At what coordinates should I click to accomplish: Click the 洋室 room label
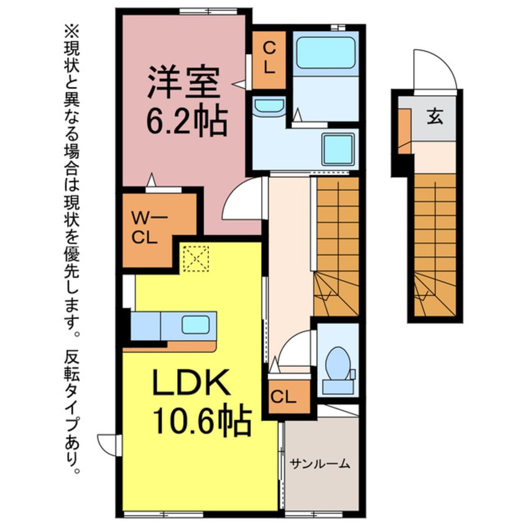(x=184, y=83)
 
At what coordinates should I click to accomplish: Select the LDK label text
(x=191, y=382)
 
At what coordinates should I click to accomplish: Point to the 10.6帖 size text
(x=202, y=422)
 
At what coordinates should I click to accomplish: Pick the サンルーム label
(x=320, y=464)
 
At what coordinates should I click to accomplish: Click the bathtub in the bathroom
(x=325, y=53)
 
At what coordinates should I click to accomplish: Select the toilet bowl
(x=338, y=363)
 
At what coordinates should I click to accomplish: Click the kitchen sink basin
(x=196, y=325)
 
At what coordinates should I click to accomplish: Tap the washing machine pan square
(x=338, y=149)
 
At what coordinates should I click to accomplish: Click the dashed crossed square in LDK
(x=196, y=259)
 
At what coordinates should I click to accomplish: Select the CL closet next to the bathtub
(x=269, y=60)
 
